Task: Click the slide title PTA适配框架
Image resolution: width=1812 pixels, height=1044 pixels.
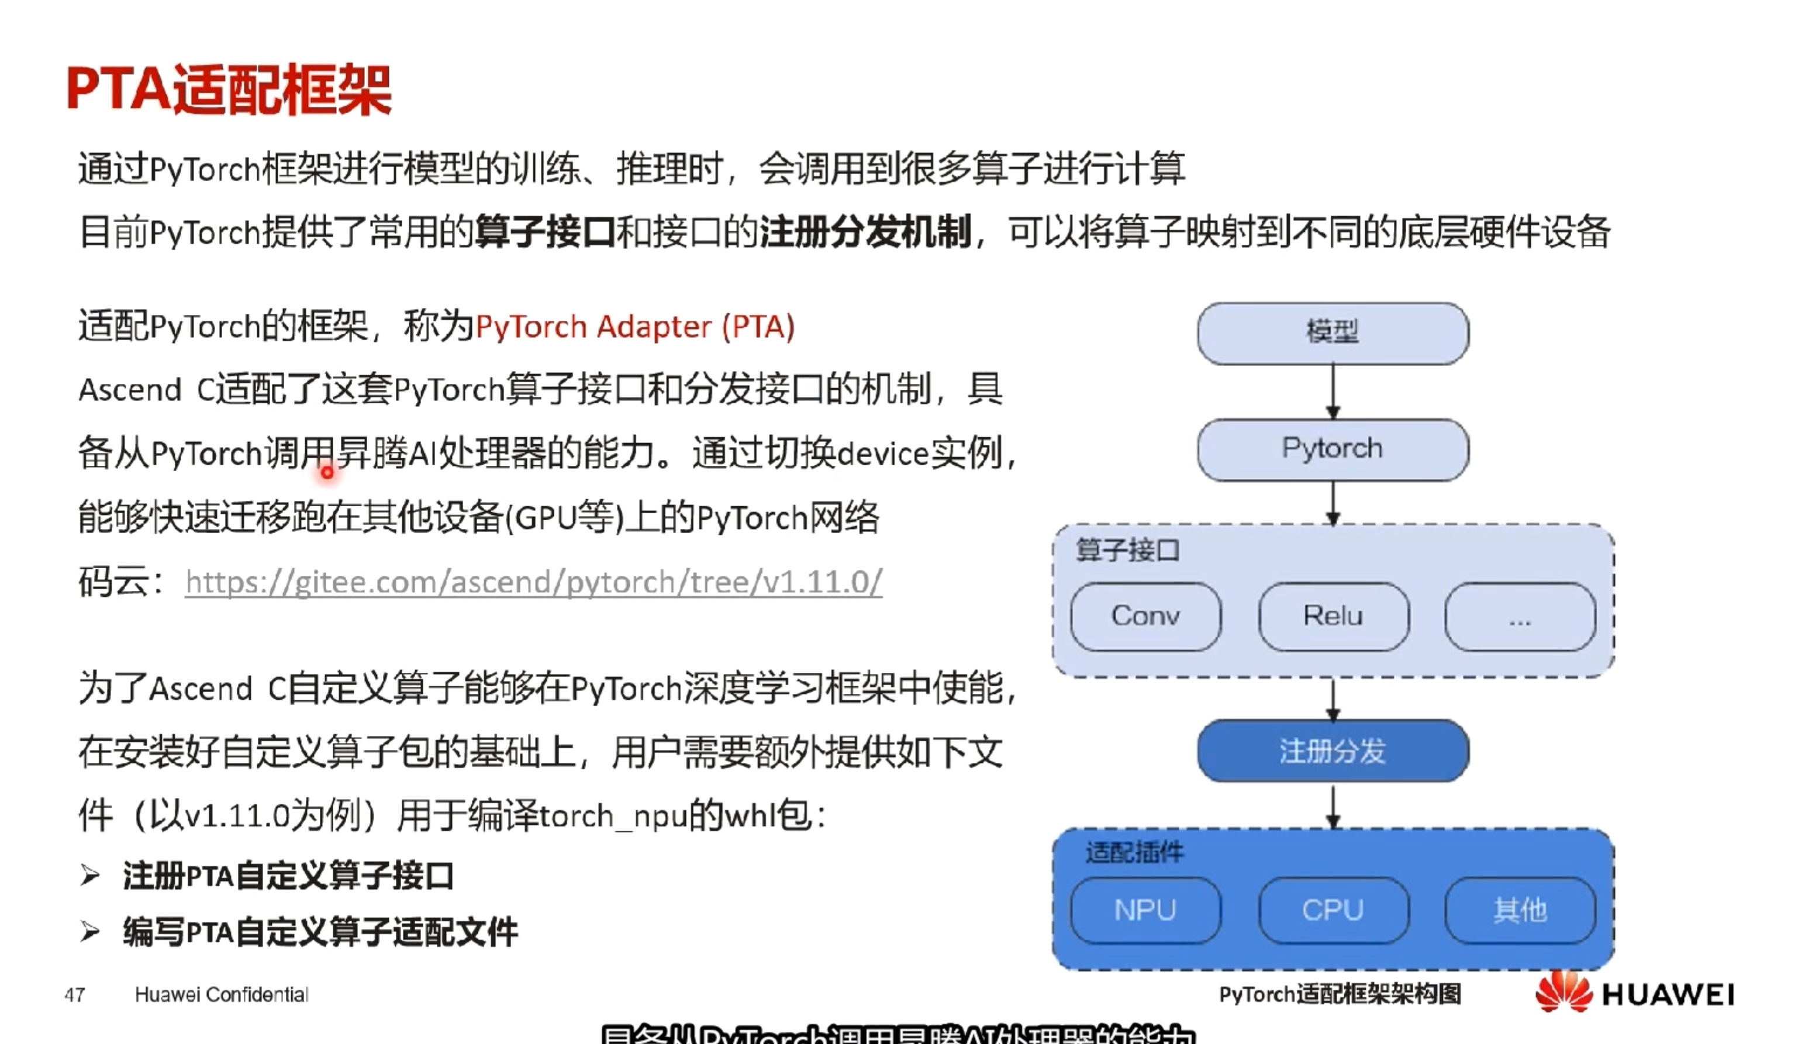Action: (229, 91)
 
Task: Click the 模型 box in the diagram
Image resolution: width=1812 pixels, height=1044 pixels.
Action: (1333, 333)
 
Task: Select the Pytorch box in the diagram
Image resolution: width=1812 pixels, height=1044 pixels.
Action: (1333, 450)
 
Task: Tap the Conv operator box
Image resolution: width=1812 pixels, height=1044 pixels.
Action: (1145, 617)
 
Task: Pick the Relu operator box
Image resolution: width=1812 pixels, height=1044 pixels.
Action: (1333, 617)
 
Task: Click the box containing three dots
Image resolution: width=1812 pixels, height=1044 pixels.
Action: (1520, 617)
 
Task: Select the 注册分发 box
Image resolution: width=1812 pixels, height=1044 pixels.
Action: (1333, 751)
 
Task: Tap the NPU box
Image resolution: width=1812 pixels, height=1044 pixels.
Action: (1145, 910)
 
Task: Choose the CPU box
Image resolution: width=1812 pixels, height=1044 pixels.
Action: (1333, 910)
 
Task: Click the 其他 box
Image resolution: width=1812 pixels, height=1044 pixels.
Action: (1520, 910)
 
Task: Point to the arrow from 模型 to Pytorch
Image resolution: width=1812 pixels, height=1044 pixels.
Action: (1333, 392)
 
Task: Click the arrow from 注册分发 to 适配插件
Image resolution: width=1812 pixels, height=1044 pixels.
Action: (1333, 806)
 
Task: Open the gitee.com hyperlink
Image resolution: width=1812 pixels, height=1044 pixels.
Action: (533, 582)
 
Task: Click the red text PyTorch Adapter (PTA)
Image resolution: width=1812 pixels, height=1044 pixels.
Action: (634, 327)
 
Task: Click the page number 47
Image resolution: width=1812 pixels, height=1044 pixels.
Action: (75, 994)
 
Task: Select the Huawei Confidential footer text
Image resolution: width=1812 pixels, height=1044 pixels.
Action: (222, 994)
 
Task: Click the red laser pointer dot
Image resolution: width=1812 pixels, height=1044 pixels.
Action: (327, 472)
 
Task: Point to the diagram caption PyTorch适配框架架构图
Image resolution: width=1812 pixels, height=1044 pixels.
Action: (1340, 994)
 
